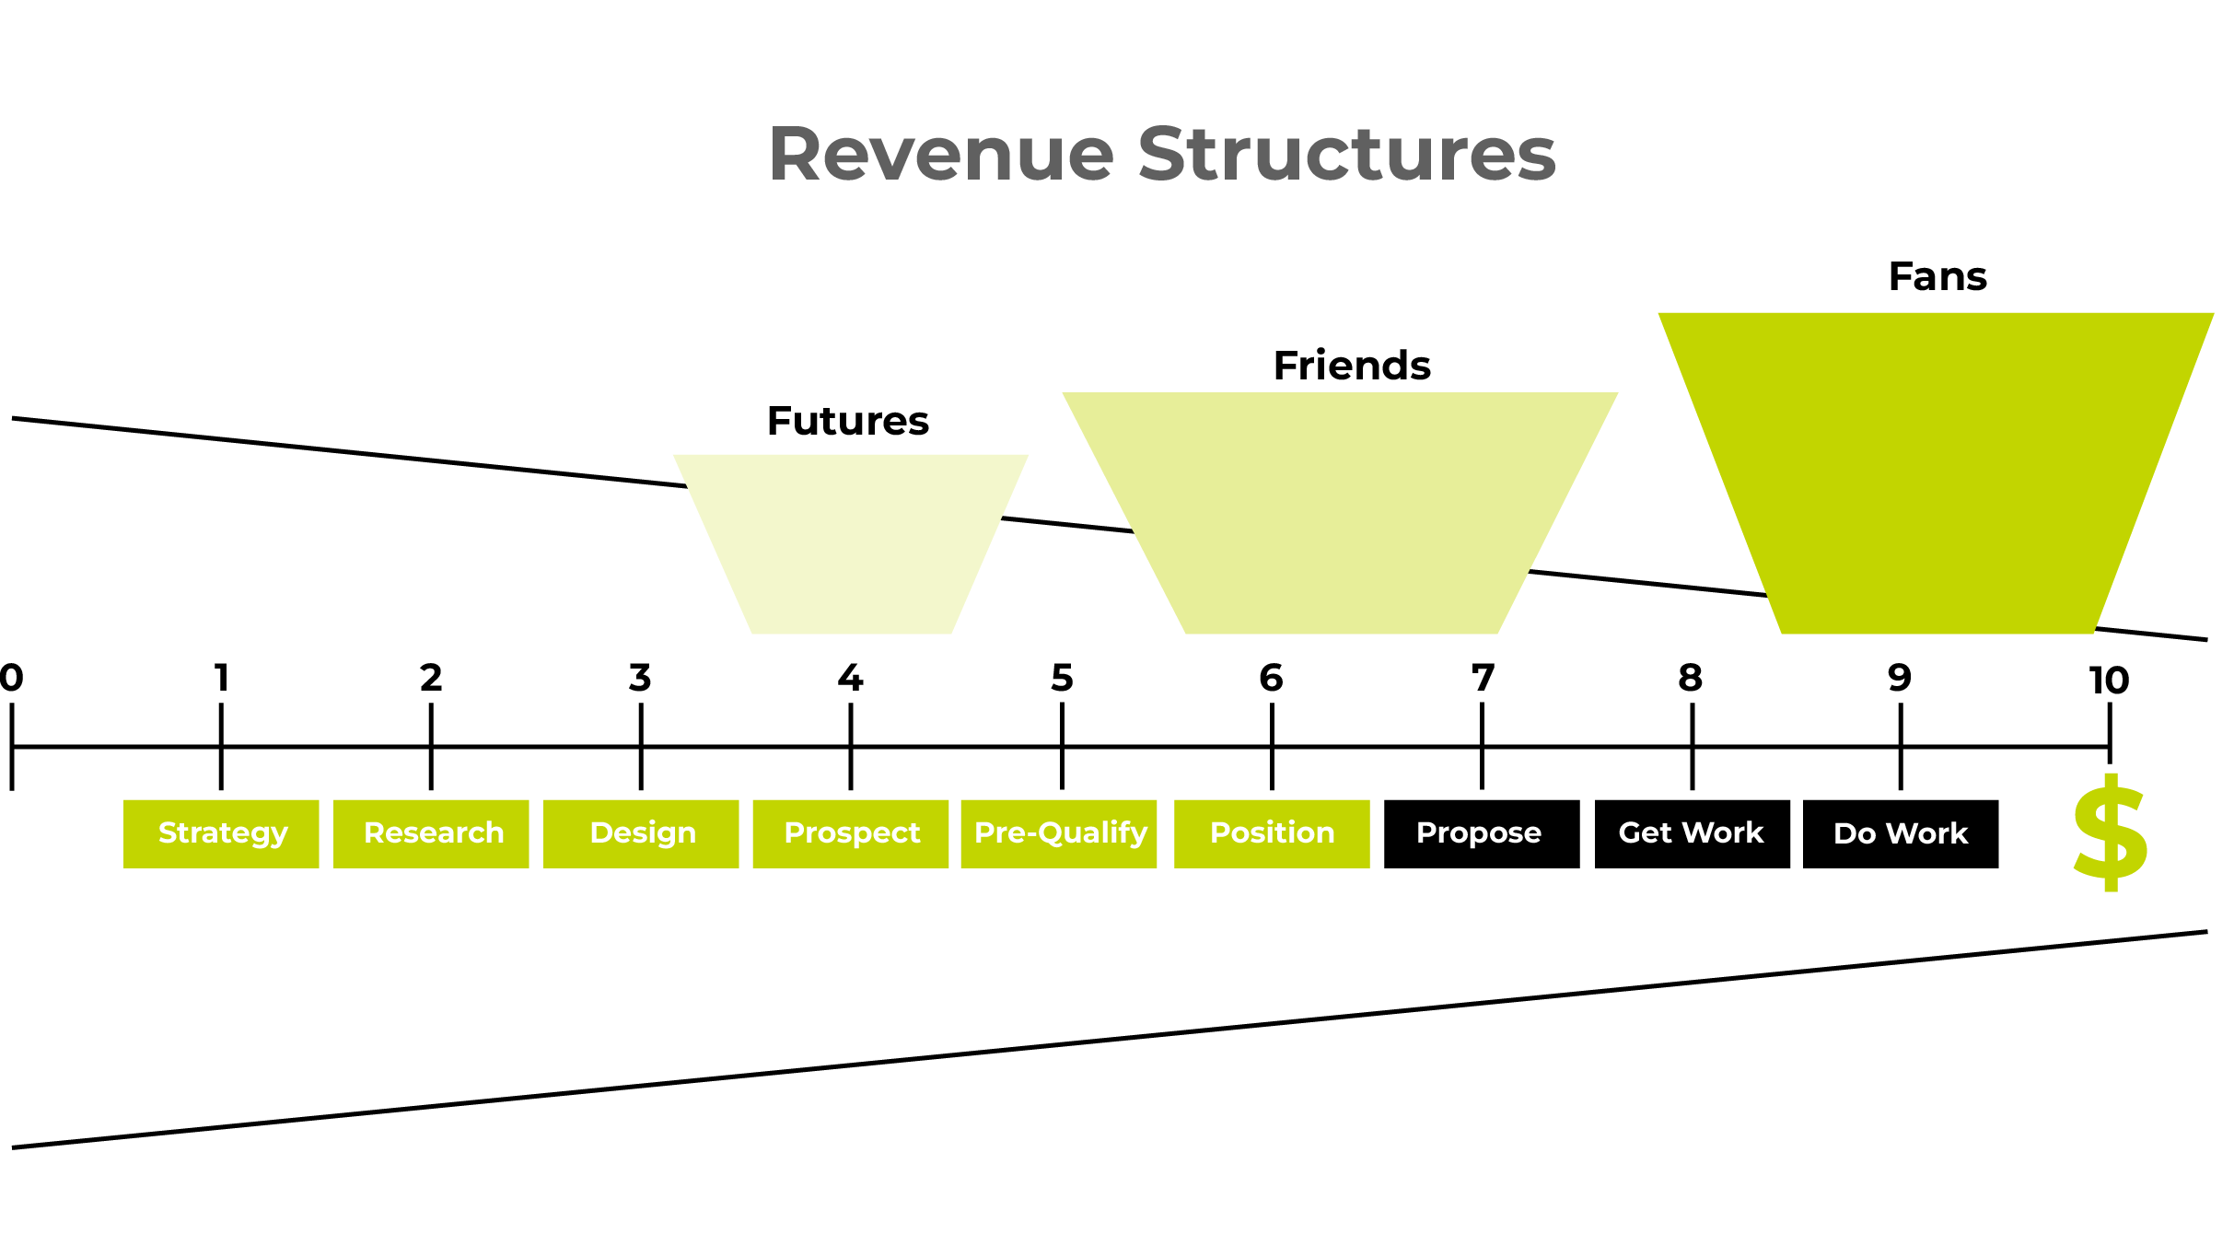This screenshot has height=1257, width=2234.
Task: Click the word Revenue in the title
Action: click(x=940, y=154)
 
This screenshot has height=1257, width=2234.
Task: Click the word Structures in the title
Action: click(x=1346, y=154)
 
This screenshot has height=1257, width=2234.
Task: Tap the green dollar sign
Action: click(x=2110, y=833)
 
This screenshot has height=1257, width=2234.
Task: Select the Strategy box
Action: click(x=221, y=833)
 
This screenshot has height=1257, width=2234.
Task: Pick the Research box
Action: click(x=431, y=833)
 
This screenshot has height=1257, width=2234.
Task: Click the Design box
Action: click(x=641, y=833)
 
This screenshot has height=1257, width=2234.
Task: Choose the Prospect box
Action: click(x=851, y=833)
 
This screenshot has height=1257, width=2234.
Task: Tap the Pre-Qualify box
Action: click(x=1059, y=833)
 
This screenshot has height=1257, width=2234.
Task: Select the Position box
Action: click(x=1272, y=833)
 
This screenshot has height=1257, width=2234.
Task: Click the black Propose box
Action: click(x=1482, y=833)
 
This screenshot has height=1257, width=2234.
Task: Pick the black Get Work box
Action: click(x=1692, y=833)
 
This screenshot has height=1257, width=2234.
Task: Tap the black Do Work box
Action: click(x=1901, y=833)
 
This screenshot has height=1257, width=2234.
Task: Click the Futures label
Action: click(x=847, y=421)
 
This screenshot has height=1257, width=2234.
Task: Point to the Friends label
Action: click(x=1352, y=366)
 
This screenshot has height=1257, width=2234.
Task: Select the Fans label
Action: click(x=1937, y=276)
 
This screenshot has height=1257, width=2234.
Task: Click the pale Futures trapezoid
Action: click(x=851, y=543)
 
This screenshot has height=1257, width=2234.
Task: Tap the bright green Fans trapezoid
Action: click(x=1937, y=470)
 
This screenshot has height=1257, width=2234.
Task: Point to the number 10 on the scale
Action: click(x=2109, y=681)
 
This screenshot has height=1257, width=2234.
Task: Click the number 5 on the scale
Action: click(x=1062, y=678)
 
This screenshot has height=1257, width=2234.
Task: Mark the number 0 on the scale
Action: click(x=11, y=678)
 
